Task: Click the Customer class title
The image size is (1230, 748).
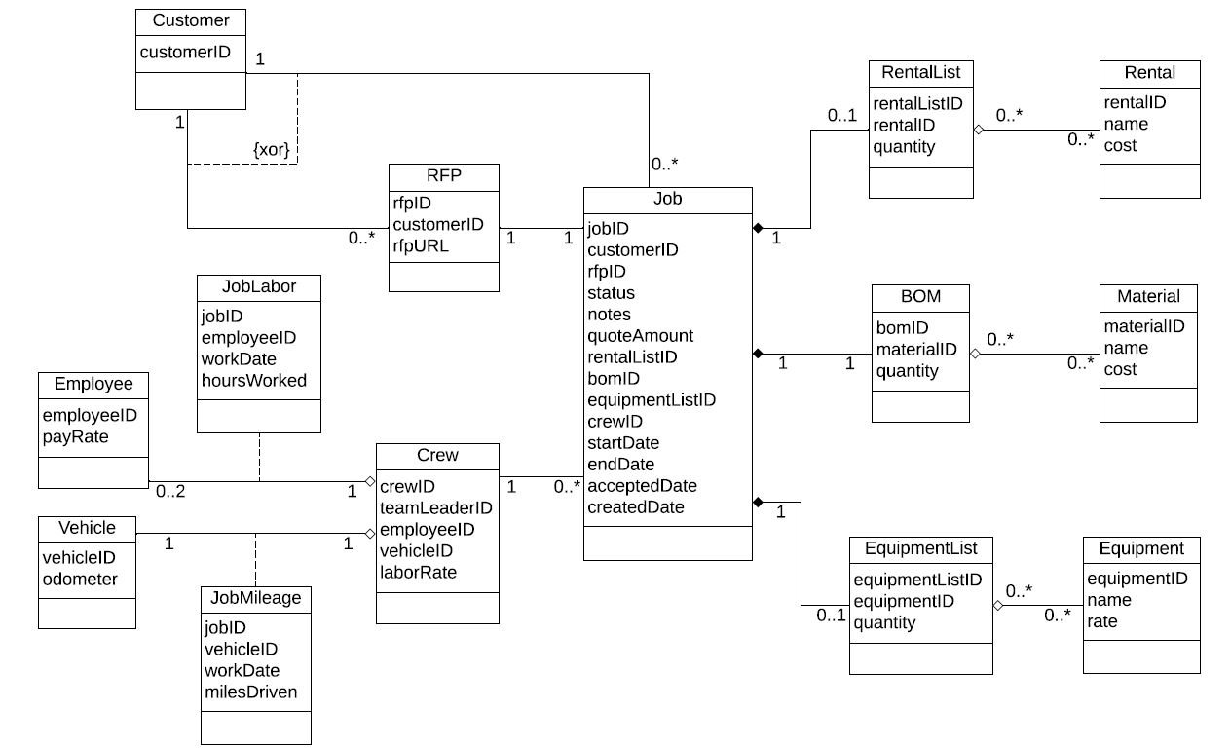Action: click(191, 20)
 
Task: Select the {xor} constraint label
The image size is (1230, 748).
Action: click(272, 150)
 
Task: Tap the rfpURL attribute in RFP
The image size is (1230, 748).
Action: click(421, 246)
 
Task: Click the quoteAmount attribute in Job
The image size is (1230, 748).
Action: click(640, 336)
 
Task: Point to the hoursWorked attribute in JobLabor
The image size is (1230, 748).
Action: click(253, 381)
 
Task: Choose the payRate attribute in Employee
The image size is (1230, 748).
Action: click(75, 437)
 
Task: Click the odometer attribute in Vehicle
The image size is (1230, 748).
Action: click(80, 580)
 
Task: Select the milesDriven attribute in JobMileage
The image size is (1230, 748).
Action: click(250, 692)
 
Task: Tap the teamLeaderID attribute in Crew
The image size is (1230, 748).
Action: click(435, 508)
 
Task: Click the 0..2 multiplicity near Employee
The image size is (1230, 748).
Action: click(170, 492)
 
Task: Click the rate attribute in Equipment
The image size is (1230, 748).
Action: click(1102, 621)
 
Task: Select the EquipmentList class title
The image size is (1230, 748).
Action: click(920, 548)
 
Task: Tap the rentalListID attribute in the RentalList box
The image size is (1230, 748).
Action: click(917, 103)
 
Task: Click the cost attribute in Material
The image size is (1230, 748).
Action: click(1120, 369)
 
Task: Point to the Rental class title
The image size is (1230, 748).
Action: click(1149, 72)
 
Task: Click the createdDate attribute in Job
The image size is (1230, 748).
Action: click(635, 507)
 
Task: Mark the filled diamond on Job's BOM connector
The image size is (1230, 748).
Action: click(758, 354)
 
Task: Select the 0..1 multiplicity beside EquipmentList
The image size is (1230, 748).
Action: click(831, 616)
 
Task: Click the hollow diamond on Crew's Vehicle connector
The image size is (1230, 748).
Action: click(370, 533)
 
